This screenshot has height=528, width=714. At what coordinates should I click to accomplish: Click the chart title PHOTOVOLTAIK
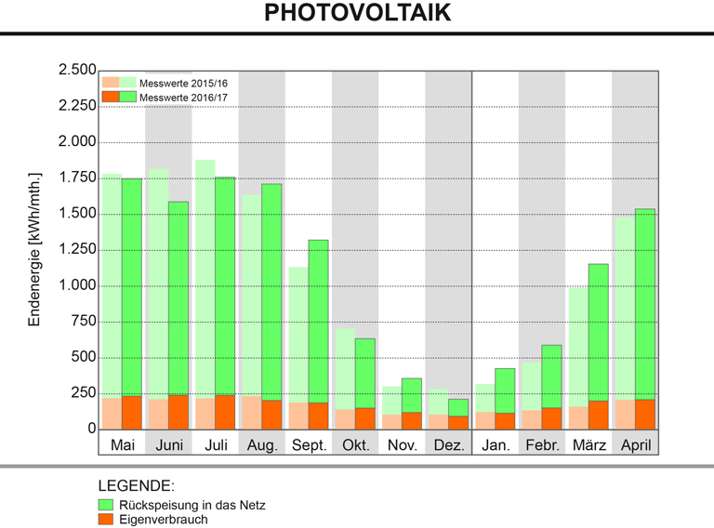click(357, 13)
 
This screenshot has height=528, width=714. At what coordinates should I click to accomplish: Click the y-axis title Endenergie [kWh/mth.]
click(35, 248)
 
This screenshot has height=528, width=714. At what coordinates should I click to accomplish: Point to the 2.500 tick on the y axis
click(76, 71)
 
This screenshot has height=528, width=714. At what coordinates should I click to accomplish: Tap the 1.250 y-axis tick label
click(76, 249)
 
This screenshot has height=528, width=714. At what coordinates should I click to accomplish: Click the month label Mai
click(122, 445)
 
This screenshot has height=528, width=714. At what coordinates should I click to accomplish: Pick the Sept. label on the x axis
click(309, 445)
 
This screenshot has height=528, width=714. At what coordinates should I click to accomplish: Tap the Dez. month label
click(448, 445)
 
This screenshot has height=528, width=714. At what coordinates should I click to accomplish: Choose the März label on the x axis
click(588, 445)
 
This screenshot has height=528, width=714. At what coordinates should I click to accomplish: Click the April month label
click(635, 445)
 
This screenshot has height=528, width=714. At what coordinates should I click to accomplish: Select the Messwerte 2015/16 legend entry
click(182, 84)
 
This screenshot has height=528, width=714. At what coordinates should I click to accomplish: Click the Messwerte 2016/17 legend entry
click(182, 97)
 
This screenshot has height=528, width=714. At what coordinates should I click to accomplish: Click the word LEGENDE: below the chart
click(136, 486)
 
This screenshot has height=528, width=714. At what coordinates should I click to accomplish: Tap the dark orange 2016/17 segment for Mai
click(132, 413)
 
